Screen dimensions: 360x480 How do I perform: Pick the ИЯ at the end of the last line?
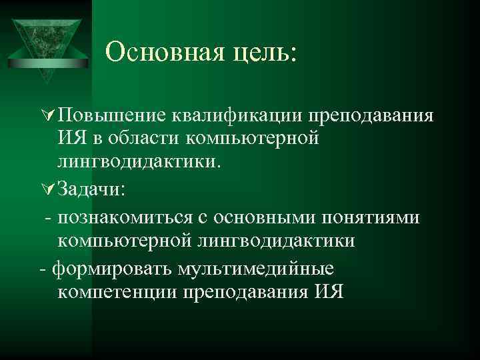[325, 292]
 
